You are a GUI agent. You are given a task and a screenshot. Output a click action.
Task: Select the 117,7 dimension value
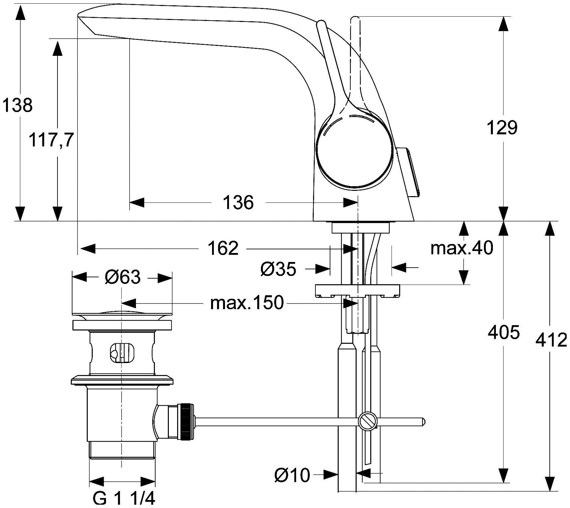51,140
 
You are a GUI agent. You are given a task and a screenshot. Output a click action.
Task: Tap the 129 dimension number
502,127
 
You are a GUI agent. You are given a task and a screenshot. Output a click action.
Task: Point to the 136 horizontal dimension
238,202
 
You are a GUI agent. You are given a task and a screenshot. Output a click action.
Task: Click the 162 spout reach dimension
223,248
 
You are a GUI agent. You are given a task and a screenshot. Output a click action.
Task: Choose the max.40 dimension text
461,248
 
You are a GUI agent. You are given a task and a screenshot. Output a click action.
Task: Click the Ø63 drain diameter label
122,277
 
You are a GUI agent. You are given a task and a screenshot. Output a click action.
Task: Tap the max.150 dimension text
247,303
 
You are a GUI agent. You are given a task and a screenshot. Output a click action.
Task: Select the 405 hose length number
503,332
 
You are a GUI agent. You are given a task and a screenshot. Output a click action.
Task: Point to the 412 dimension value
551,340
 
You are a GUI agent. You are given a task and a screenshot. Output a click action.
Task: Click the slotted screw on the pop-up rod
368,422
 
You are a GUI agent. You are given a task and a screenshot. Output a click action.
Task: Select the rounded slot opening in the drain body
122,353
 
